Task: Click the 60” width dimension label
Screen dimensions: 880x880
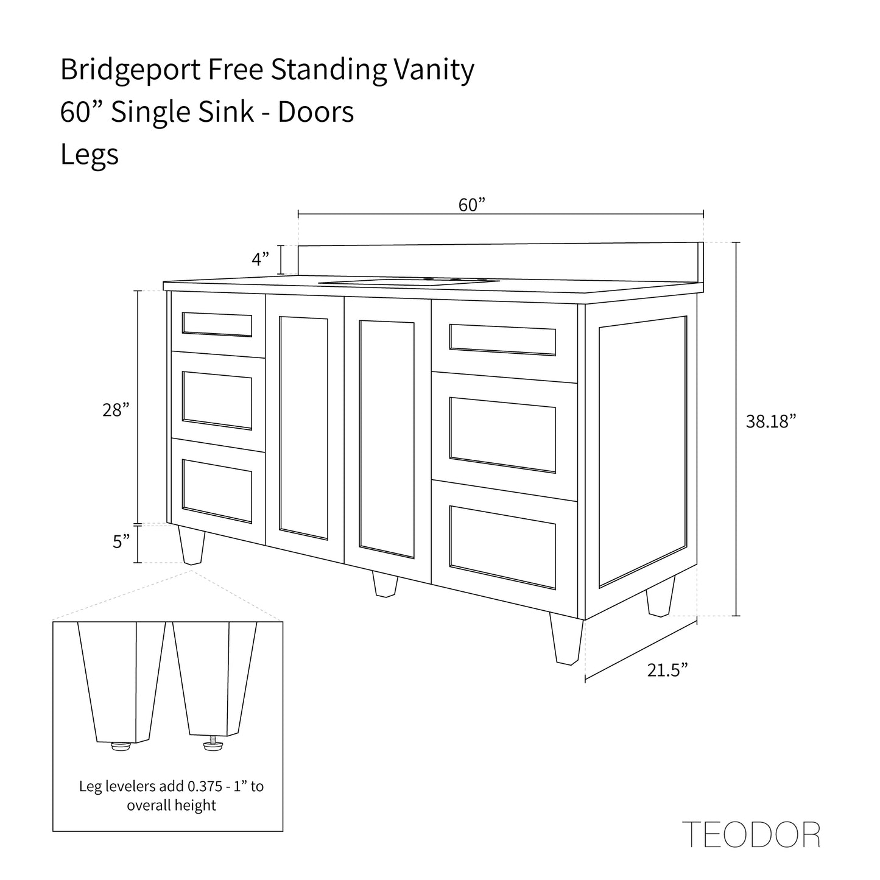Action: coord(471,205)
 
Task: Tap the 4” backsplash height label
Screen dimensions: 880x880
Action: coord(260,259)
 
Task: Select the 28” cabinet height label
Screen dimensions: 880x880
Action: coord(116,410)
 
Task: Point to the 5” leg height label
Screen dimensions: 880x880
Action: coord(121,541)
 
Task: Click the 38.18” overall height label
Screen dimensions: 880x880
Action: coord(771,421)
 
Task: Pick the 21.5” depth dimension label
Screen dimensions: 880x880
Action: coord(667,670)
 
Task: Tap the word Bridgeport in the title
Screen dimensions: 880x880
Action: coord(130,70)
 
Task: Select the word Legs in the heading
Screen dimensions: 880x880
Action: coord(90,154)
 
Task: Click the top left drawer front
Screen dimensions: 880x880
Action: coord(218,325)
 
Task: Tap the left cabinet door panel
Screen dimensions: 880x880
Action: coord(304,429)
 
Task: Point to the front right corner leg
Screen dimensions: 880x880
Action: coord(566,638)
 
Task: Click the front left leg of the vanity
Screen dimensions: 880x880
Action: coord(191,545)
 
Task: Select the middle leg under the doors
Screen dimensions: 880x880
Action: coord(385,584)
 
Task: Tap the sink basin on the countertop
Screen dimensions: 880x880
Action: coord(409,281)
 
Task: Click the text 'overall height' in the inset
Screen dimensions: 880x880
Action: coord(171,804)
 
